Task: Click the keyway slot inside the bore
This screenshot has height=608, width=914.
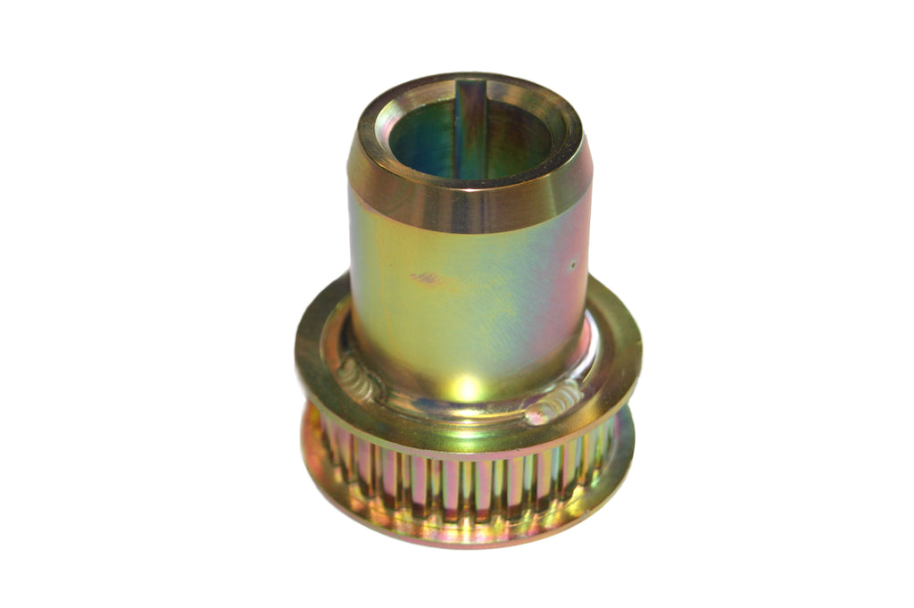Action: point(470,134)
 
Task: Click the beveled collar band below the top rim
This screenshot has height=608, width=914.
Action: point(469,201)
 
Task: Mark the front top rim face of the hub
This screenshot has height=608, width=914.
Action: point(469,178)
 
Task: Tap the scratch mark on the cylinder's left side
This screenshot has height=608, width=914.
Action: point(427,279)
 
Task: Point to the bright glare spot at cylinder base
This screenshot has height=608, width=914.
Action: point(468,388)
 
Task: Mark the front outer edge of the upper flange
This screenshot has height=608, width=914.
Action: point(468,446)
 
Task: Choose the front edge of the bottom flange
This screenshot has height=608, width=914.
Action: point(468,540)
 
